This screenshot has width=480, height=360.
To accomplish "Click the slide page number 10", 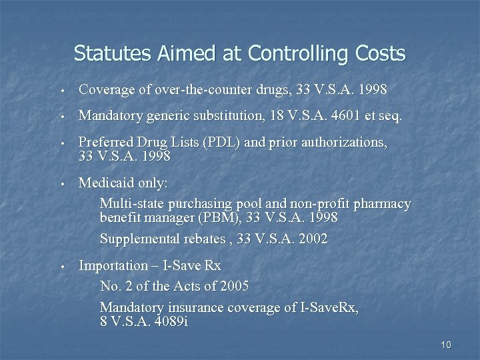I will pyautogui.click(x=446, y=345).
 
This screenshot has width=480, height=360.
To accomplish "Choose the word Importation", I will pyautogui.click(x=113, y=265).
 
